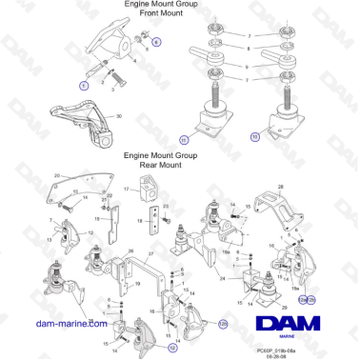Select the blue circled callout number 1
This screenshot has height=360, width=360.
84,86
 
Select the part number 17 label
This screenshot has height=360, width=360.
126,190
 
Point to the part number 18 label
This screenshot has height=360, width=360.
138,220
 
